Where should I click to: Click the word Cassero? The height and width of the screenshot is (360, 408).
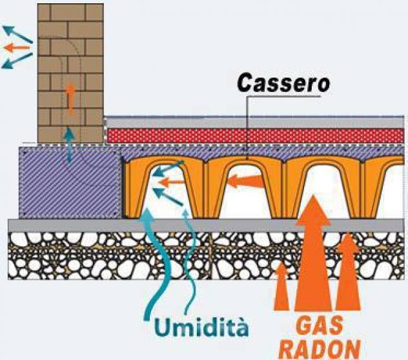(x=284, y=83)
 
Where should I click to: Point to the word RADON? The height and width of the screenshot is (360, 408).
(x=321, y=350)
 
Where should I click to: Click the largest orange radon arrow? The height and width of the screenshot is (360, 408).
(x=313, y=253)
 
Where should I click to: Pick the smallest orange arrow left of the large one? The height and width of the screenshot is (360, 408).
(x=281, y=286)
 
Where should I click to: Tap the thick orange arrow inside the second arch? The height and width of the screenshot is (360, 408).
(x=244, y=181)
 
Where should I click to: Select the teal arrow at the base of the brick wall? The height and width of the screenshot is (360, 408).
(x=69, y=145)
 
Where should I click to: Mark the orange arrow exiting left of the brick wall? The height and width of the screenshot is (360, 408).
(x=17, y=48)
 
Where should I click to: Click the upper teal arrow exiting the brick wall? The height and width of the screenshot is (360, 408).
(x=17, y=34)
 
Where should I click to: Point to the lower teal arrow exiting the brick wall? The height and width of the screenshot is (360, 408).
(x=17, y=61)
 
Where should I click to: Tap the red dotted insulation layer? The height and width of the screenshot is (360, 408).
(x=255, y=136)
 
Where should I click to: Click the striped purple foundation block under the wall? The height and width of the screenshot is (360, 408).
(x=70, y=182)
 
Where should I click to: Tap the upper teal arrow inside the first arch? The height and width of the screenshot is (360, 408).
(x=168, y=168)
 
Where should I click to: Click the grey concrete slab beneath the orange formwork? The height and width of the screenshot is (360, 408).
(x=205, y=226)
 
